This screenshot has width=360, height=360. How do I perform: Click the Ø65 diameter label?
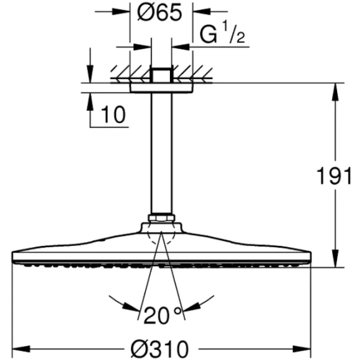(x=159, y=13)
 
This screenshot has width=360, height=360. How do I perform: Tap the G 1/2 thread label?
(x=222, y=34)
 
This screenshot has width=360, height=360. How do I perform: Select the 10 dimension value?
(x=113, y=114)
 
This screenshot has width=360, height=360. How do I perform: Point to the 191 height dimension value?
(x=334, y=176)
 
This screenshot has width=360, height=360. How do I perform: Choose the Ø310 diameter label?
(x=160, y=349)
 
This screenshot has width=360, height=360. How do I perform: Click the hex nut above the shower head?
(x=162, y=218)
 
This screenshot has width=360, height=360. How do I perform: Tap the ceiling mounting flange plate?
(x=162, y=88)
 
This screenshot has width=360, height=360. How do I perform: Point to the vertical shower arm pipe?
(x=162, y=153)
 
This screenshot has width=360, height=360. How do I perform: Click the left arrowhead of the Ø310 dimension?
(x=21, y=349)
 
